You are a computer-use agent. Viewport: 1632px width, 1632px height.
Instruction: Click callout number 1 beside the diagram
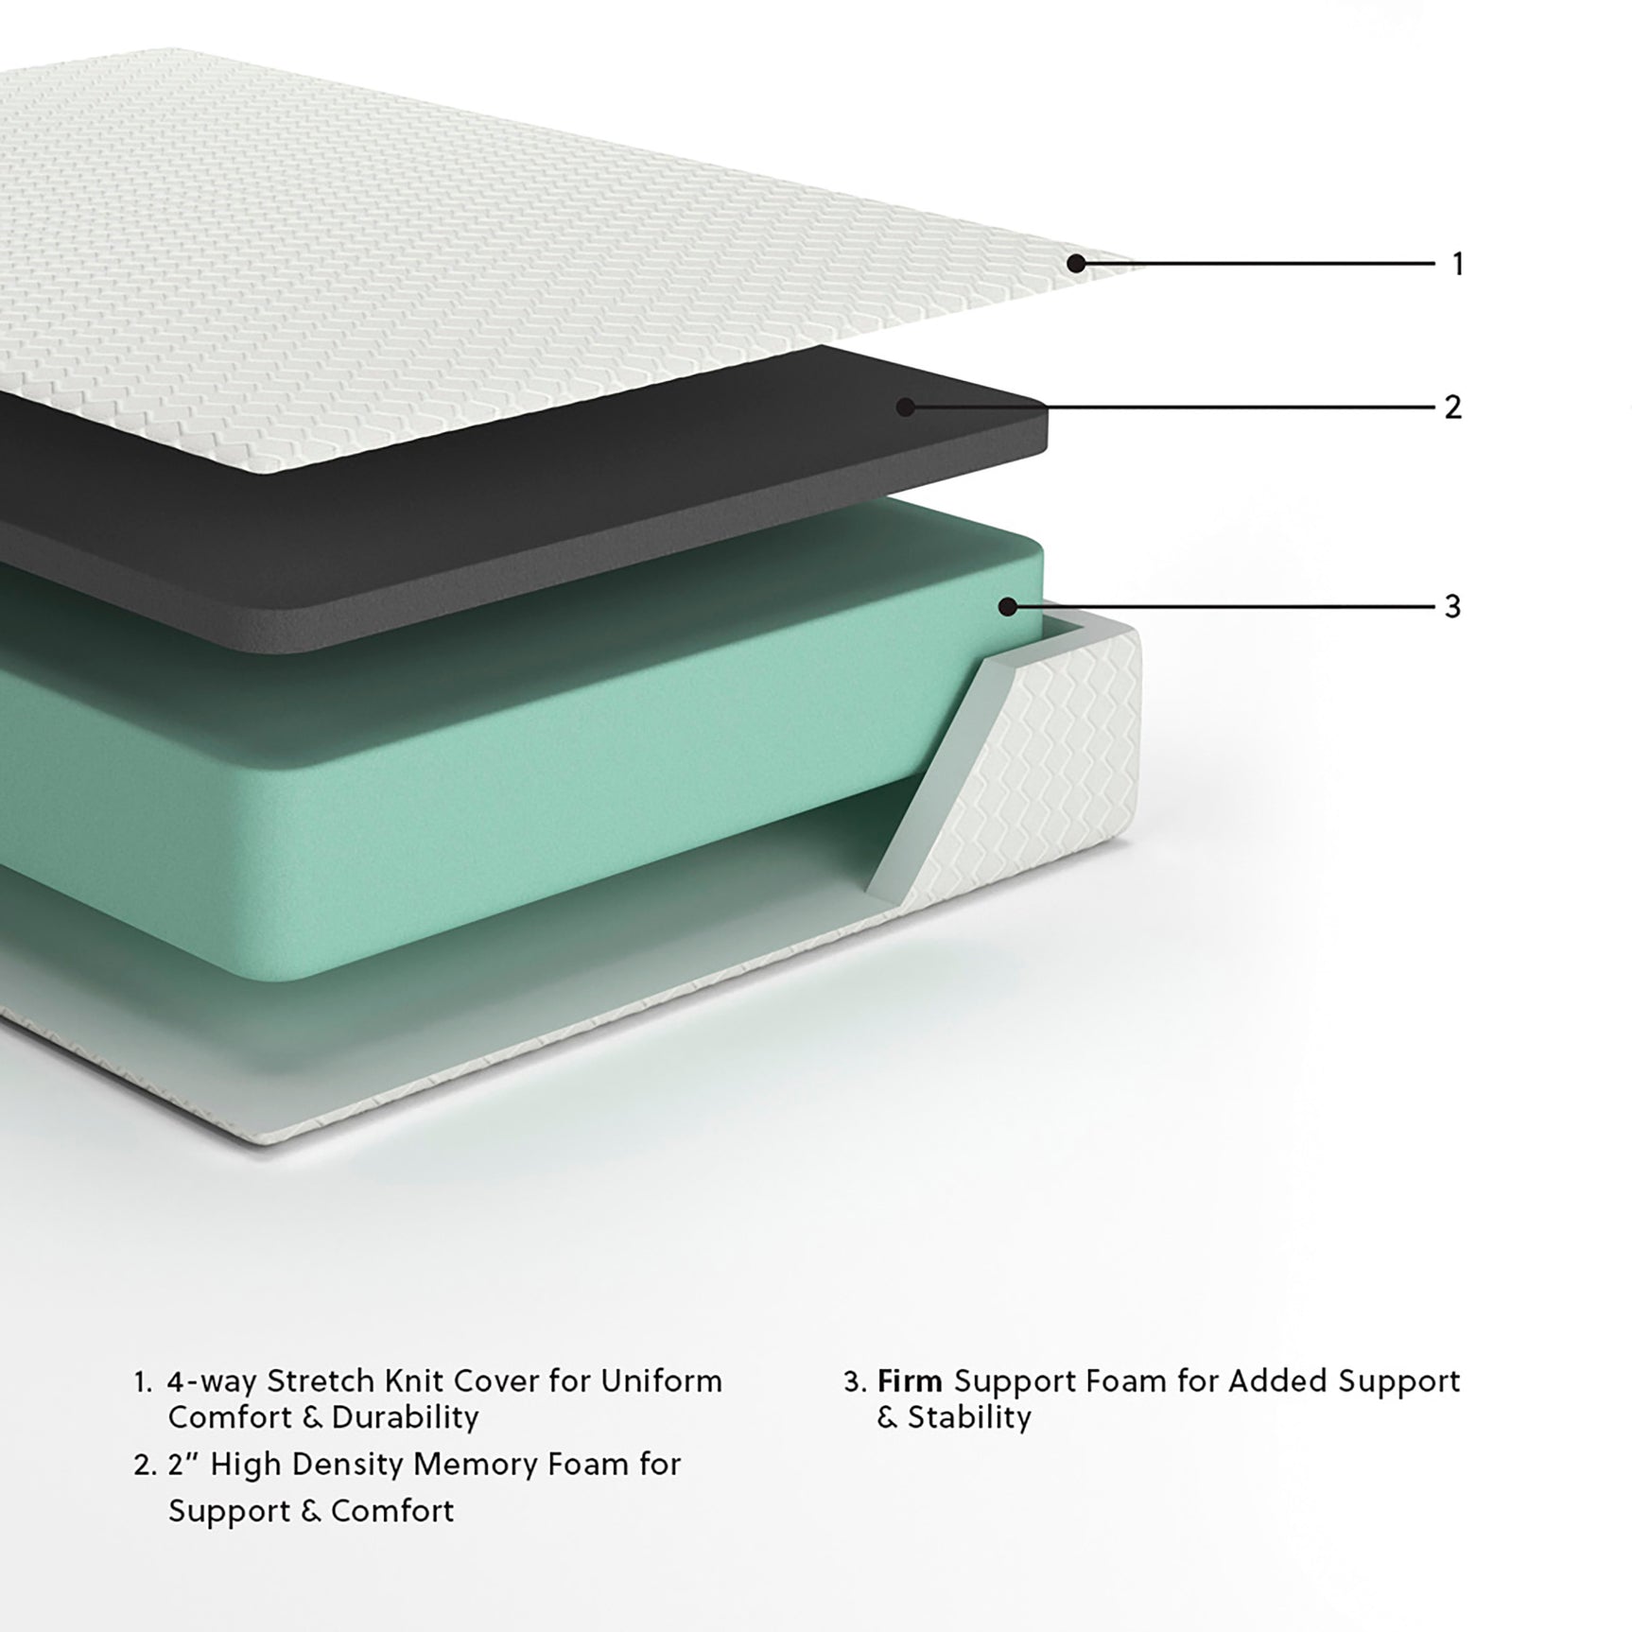coord(1457,264)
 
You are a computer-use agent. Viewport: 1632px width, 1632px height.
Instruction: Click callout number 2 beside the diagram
coord(1453,408)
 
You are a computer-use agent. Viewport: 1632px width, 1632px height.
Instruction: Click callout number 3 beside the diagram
coord(1453,606)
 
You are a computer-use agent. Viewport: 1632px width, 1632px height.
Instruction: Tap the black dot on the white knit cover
coord(1076,264)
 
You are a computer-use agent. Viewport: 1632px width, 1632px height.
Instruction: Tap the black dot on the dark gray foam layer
coord(906,408)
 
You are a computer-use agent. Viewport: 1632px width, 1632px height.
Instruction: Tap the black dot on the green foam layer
coord(1008,606)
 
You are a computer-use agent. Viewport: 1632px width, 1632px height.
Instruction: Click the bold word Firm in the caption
coord(910,1381)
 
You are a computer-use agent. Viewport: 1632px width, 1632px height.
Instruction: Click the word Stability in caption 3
coord(969,1417)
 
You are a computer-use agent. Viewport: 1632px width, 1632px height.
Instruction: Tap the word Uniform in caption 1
coord(661,1381)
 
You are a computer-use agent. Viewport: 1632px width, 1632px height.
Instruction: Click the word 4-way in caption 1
coord(212,1381)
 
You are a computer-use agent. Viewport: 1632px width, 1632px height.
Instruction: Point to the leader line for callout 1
coord(1258,264)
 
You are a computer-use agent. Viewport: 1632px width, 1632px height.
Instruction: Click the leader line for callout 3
coord(1229,606)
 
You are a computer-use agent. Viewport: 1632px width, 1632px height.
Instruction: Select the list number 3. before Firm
coord(855,1382)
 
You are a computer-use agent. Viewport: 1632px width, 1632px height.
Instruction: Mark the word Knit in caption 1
coord(415,1381)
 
